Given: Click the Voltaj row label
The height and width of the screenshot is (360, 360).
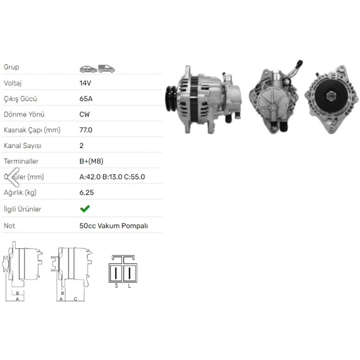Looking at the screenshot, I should tap(13, 83).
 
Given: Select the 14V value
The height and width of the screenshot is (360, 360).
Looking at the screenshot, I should tap(85, 83).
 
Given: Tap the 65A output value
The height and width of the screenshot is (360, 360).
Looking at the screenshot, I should tap(85, 99).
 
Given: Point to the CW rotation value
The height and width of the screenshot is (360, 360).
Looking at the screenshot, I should tap(85, 114).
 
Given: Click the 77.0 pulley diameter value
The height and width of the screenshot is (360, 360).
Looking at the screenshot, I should tap(86, 130).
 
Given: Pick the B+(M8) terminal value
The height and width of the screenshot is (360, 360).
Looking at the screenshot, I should tap(91, 161).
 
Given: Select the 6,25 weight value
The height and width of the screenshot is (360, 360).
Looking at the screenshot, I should tap(86, 193).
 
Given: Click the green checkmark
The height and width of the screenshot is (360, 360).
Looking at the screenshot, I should tap(85, 209).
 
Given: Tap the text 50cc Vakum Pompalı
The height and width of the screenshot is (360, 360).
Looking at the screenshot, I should tap(113, 226).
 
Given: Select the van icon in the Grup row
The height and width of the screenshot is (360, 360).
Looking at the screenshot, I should tap(106, 68).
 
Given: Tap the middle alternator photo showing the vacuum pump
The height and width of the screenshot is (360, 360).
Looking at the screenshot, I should tap(275, 99).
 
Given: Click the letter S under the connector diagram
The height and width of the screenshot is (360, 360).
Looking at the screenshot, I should tap(116, 286).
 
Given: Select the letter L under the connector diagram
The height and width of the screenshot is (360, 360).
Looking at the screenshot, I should tap(130, 286).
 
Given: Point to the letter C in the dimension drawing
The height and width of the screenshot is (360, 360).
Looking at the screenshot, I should tap(76, 299).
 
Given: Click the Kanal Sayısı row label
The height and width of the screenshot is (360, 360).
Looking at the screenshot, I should tap(22, 146).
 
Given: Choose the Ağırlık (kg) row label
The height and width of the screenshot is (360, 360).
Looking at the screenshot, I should tap(20, 193).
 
